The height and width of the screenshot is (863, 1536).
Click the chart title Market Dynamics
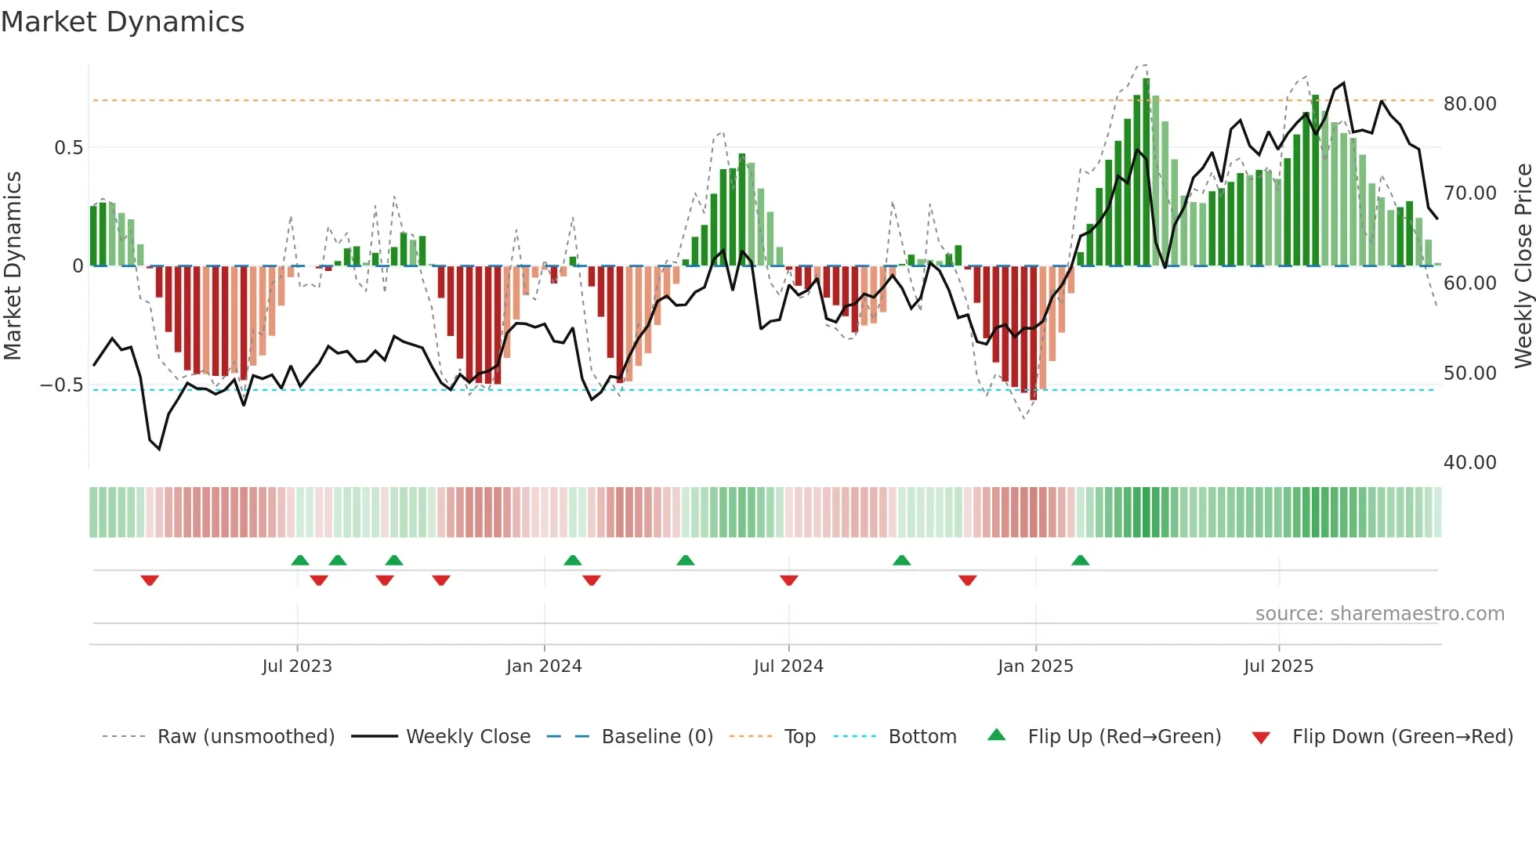click(x=122, y=22)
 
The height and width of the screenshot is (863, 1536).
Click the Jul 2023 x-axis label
click(x=297, y=666)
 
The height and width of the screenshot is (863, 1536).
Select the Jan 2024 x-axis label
click(x=544, y=666)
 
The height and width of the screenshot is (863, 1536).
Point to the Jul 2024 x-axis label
click(x=788, y=666)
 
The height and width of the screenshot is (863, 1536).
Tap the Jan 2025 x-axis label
click(x=1035, y=666)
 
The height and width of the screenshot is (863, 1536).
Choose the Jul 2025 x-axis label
click(x=1278, y=666)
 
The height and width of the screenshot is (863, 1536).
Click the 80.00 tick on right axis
click(x=1470, y=104)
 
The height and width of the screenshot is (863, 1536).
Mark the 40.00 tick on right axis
click(x=1470, y=463)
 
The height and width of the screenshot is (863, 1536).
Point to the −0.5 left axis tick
click(x=61, y=385)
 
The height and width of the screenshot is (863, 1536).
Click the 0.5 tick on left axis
click(x=68, y=148)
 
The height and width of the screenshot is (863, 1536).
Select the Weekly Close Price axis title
click(x=1523, y=266)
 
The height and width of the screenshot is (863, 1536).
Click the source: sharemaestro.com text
click(x=1379, y=614)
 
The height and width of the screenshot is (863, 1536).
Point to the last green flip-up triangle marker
click(x=1080, y=561)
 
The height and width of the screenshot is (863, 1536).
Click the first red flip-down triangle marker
click(x=150, y=580)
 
